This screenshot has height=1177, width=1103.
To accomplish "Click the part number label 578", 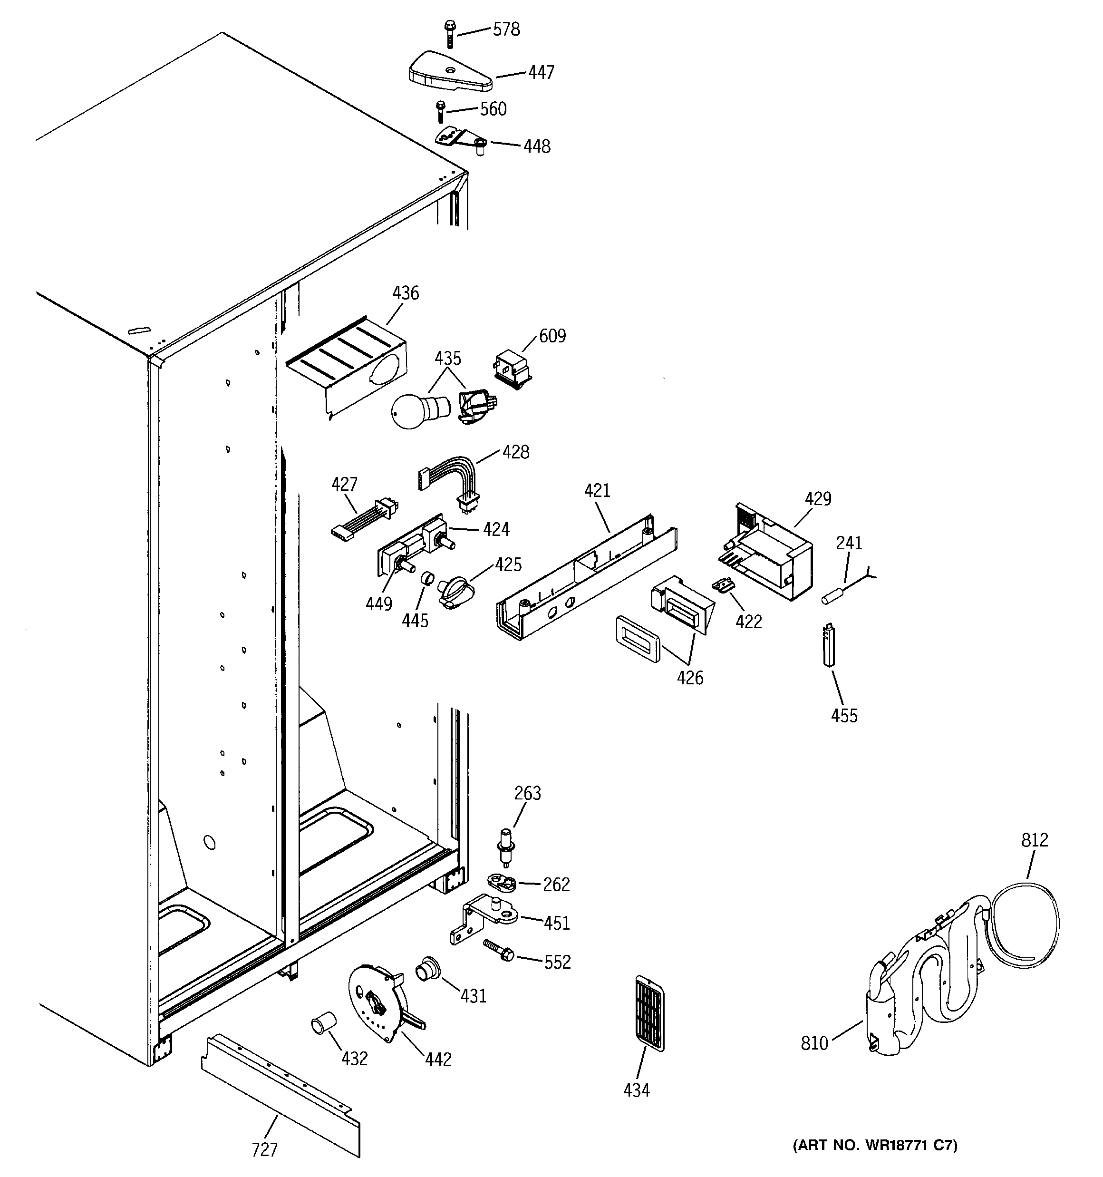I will [x=506, y=29].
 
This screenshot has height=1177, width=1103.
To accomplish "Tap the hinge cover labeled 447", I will [x=450, y=75].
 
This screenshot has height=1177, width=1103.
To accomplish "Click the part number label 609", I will [x=552, y=336].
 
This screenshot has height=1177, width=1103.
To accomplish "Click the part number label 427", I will [x=344, y=484].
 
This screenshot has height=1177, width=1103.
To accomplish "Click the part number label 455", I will [x=844, y=716].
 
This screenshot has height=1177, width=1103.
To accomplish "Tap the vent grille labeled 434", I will [x=649, y=1013].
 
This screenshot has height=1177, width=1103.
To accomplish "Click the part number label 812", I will [x=1035, y=840].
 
